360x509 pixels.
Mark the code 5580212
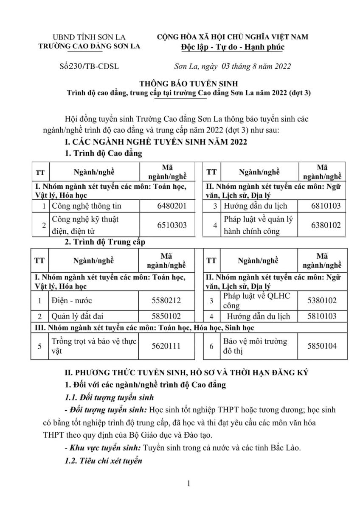point(166,301)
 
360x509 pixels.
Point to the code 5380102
point(321,301)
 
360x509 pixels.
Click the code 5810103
point(321,316)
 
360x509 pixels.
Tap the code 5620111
point(166,346)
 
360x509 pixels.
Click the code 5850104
point(321,346)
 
